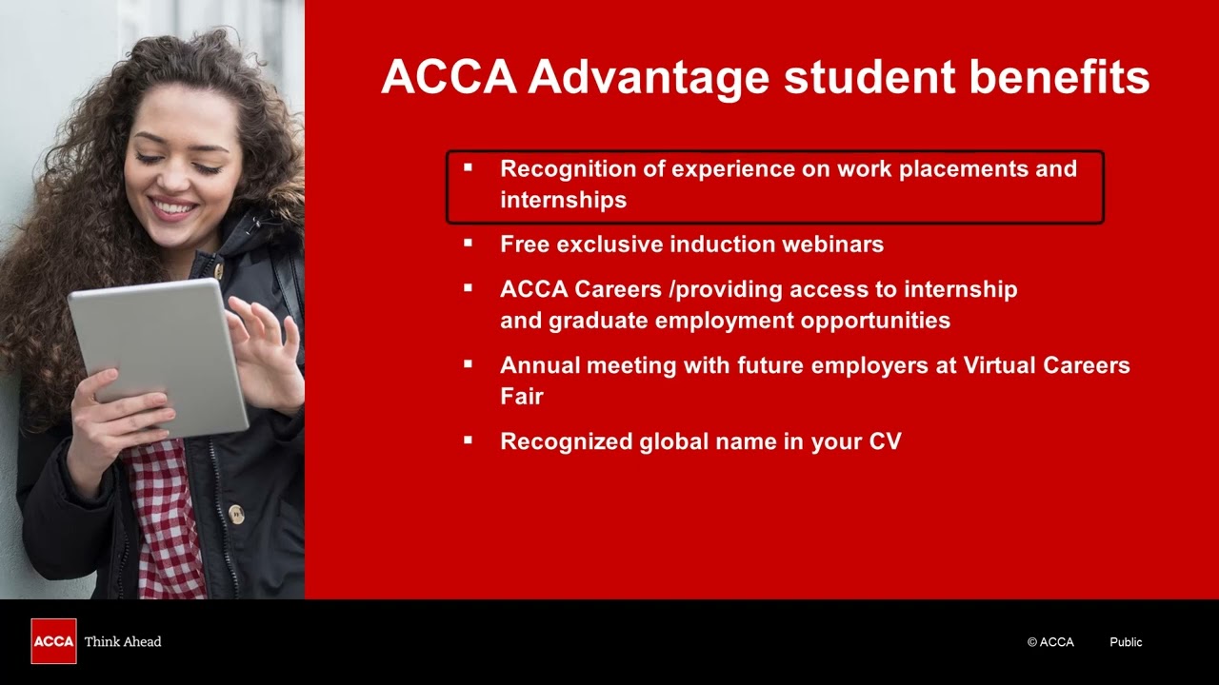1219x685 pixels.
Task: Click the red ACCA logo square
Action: [53, 641]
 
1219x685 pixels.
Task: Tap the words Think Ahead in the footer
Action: [123, 641]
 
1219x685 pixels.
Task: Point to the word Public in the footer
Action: [1126, 642]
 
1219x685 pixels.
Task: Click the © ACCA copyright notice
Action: [1050, 642]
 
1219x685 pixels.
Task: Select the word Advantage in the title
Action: [649, 76]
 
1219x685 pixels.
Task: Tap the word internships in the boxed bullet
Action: [563, 200]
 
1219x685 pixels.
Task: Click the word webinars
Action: [832, 245]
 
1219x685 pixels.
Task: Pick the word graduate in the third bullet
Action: [596, 321]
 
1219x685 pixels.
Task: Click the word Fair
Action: [521, 397]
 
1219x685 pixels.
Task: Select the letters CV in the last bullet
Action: [885, 441]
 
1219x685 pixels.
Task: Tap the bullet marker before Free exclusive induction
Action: [468, 244]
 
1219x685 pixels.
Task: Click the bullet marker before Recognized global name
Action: [468, 440]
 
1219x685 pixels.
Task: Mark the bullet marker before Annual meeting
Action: [468, 364]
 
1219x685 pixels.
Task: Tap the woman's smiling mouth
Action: [173, 208]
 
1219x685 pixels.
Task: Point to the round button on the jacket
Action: [236, 515]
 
